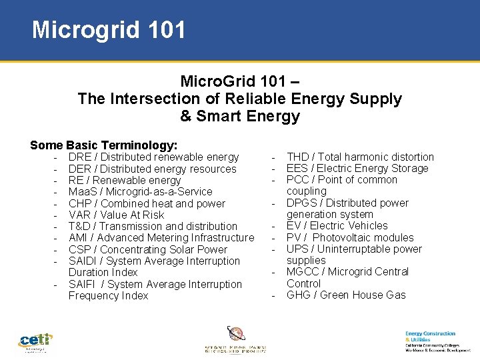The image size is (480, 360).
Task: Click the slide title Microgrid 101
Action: pyautogui.click(x=109, y=30)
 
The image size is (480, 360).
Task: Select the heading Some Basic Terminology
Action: pyautogui.click(x=103, y=145)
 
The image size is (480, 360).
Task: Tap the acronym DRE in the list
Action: pyautogui.click(x=80, y=157)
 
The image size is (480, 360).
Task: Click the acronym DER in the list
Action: pyautogui.click(x=80, y=169)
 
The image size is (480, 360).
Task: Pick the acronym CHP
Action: pyautogui.click(x=80, y=203)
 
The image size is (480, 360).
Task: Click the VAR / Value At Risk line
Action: pyautogui.click(x=116, y=215)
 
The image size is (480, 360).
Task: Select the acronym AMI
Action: pyautogui.click(x=79, y=238)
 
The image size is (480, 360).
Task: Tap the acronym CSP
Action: pyautogui.click(x=79, y=249)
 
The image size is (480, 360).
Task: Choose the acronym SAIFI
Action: pyautogui.click(x=83, y=284)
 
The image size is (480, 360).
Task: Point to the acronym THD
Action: pyautogui.click(x=298, y=157)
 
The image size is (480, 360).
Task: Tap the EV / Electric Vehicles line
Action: pyautogui.click(x=337, y=226)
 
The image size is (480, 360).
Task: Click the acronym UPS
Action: pyautogui.click(x=298, y=249)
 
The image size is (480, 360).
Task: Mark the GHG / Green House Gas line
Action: pyautogui.click(x=345, y=295)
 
